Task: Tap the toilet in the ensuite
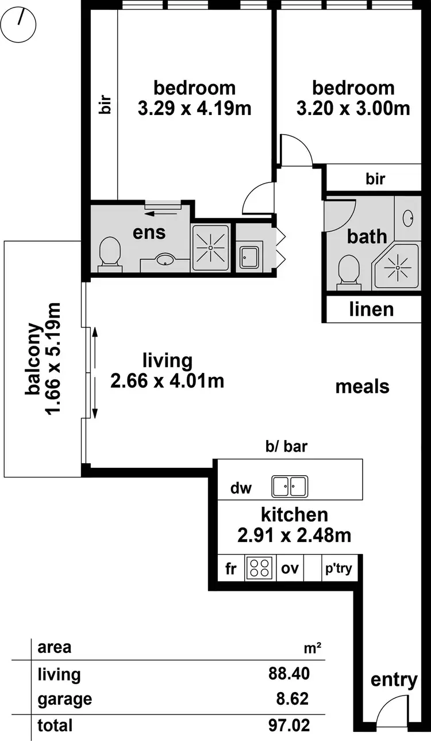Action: click(110, 254)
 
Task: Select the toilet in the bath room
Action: click(348, 270)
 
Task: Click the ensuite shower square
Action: click(210, 247)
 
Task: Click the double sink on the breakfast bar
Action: click(290, 486)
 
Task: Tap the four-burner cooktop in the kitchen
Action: click(259, 568)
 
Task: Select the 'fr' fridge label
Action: click(231, 569)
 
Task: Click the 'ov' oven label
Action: click(289, 569)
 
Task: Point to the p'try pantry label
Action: click(339, 569)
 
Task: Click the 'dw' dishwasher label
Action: click(241, 488)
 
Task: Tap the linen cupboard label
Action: click(372, 310)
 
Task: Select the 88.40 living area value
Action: click(288, 674)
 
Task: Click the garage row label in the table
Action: click(64, 699)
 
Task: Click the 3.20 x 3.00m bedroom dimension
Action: click(353, 108)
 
